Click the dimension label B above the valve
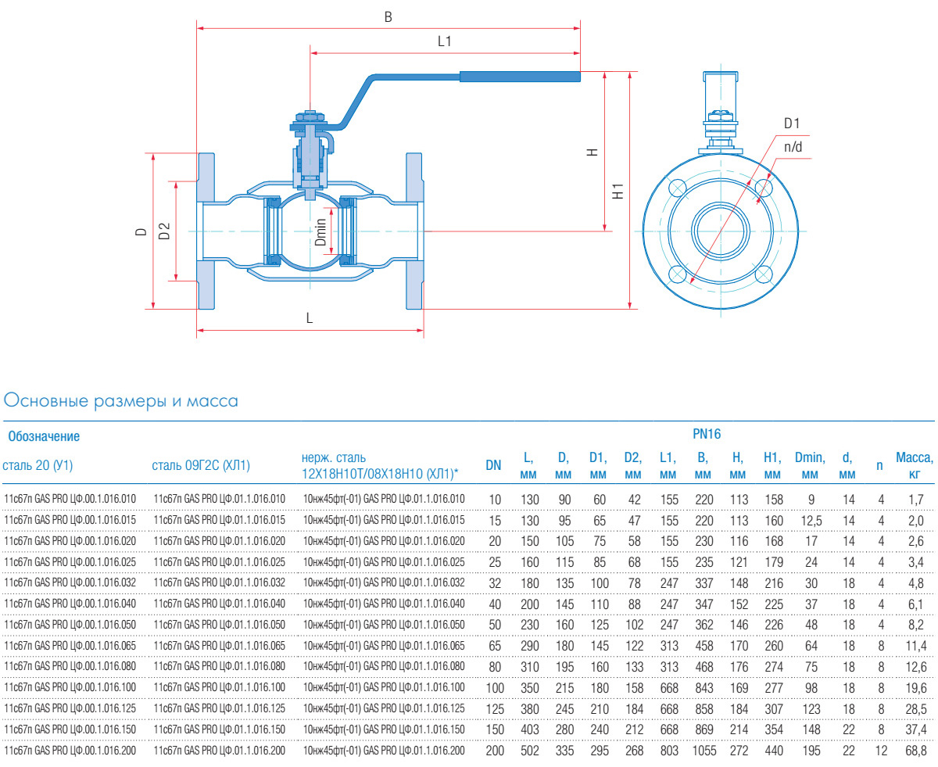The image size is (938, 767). (388, 17)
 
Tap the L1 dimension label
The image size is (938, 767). (444, 41)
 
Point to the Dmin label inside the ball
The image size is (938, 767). (320, 232)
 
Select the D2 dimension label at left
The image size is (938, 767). (164, 231)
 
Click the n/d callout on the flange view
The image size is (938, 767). (793, 147)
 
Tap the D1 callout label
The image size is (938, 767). (792, 124)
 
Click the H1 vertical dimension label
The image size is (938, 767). (618, 192)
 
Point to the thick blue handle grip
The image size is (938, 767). (520, 77)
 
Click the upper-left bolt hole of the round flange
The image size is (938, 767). (678, 188)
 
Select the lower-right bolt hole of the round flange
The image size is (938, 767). (763, 274)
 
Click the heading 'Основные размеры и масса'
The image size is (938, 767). (120, 401)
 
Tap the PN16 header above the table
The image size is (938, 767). (707, 434)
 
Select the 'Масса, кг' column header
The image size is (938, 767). (915, 465)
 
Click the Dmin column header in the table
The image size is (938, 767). (810, 465)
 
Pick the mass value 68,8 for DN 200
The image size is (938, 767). (916, 751)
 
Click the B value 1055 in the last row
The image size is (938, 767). (704, 751)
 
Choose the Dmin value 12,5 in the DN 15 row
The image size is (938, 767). (811, 521)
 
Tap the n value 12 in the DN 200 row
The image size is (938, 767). (881, 751)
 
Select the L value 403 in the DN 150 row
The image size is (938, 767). (530, 729)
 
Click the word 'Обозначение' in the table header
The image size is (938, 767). (44, 436)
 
